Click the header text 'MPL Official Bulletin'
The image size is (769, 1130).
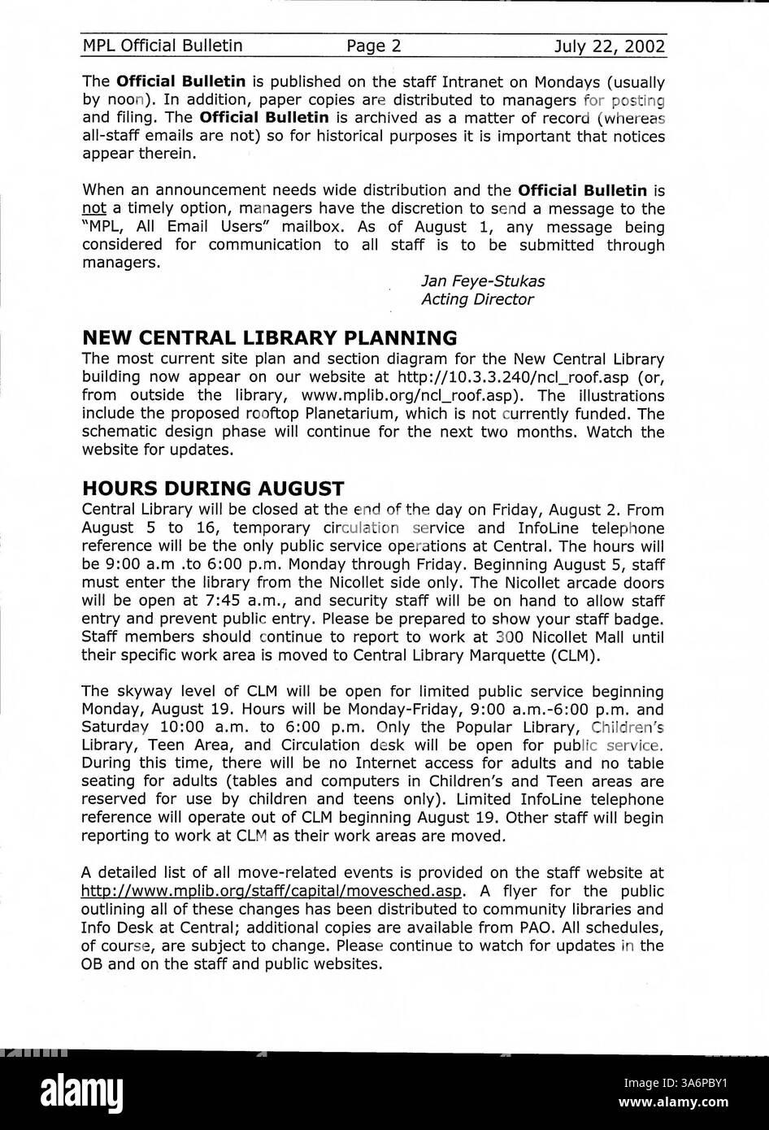click(x=163, y=46)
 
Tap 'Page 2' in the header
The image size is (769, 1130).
click(x=374, y=46)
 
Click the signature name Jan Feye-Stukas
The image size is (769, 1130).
click(x=483, y=281)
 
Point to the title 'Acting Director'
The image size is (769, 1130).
click(x=477, y=299)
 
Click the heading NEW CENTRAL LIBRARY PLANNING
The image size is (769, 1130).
click(x=270, y=337)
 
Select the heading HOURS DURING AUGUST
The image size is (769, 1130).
click(x=213, y=489)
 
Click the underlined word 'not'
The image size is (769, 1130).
click(x=94, y=209)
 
